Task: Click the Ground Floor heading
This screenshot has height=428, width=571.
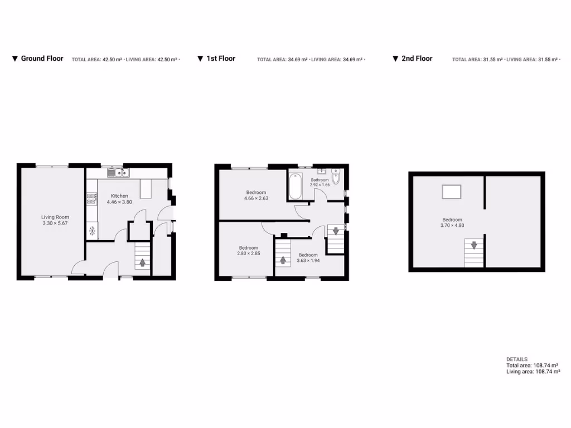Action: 42,59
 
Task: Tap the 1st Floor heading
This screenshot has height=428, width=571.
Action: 221,59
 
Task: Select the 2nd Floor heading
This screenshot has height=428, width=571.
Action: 417,59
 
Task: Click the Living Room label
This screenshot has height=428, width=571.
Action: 55,217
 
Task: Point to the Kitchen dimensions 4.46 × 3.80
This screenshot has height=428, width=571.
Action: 119,203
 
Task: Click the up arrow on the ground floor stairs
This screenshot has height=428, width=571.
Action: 143,262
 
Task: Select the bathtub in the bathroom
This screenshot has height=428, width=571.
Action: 295,187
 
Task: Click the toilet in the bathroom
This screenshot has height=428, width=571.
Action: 336,178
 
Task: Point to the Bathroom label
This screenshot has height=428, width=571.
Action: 320,180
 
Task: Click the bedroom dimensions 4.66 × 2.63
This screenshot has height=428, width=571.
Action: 257,198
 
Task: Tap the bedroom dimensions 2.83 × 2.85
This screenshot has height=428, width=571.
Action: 249,254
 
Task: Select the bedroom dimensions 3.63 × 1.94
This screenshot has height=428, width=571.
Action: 308,260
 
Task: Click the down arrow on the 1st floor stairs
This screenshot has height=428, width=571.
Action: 335,230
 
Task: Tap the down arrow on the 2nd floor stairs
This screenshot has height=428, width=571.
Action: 474,245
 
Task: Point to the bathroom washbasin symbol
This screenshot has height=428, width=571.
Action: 323,172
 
